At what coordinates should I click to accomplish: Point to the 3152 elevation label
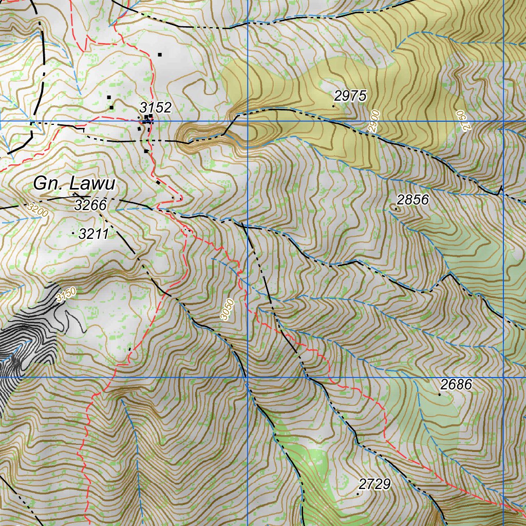coord(155,108)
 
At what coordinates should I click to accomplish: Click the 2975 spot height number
coord(350,96)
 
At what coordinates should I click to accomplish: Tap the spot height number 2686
coord(456,385)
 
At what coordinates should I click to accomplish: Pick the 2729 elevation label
coord(375,484)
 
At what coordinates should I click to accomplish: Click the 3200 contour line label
coord(37,210)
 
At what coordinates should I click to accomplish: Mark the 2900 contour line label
coord(374,121)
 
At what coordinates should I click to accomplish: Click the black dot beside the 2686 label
coord(439,394)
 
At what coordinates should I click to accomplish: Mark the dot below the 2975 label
coord(334,106)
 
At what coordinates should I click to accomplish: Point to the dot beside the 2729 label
coord(358,494)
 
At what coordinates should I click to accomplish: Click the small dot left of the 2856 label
coord(396,209)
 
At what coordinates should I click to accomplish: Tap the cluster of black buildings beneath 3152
coord(147,120)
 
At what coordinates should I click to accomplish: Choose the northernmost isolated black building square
coord(160,54)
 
